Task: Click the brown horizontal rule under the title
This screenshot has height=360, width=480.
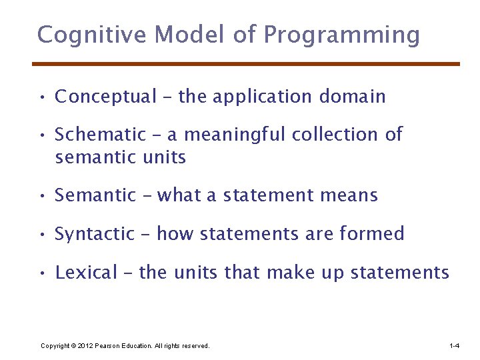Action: coord(246,64)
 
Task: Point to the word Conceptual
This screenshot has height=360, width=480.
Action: coord(105,97)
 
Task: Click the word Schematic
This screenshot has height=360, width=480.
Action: coord(100,135)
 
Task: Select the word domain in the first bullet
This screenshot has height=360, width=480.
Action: coord(352,97)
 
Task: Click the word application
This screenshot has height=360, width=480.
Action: coord(262,97)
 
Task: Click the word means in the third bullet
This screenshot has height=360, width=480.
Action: coord(347,196)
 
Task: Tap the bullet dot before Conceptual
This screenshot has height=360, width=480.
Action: coord(42,98)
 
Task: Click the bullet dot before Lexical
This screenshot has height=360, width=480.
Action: coord(42,273)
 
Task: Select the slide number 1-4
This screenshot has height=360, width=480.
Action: coord(455,346)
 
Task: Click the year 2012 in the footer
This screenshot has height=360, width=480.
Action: coord(85,346)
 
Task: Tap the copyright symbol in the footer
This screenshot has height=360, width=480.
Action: coord(73,346)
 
